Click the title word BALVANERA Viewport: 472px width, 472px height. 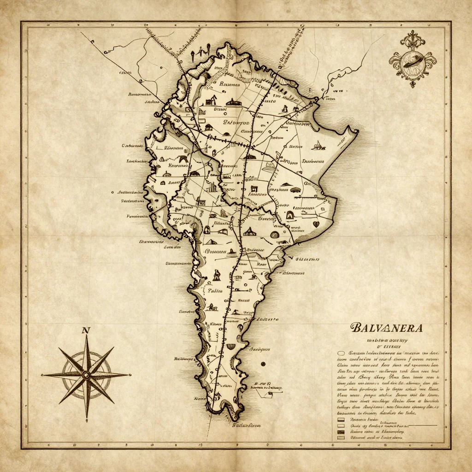click(x=387, y=328)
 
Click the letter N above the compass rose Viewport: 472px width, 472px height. click(x=85, y=330)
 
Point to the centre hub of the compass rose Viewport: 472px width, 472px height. click(x=86, y=374)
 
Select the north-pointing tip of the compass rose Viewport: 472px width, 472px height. click(x=86, y=336)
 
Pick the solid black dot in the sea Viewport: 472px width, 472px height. click(x=263, y=364)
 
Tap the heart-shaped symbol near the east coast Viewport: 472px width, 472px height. click(x=316, y=224)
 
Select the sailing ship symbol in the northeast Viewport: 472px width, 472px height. click(x=317, y=146)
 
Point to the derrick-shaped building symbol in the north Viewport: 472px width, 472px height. click(x=212, y=99)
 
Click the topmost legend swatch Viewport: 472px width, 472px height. click(x=341, y=420)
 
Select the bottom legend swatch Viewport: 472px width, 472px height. click(x=341, y=437)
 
